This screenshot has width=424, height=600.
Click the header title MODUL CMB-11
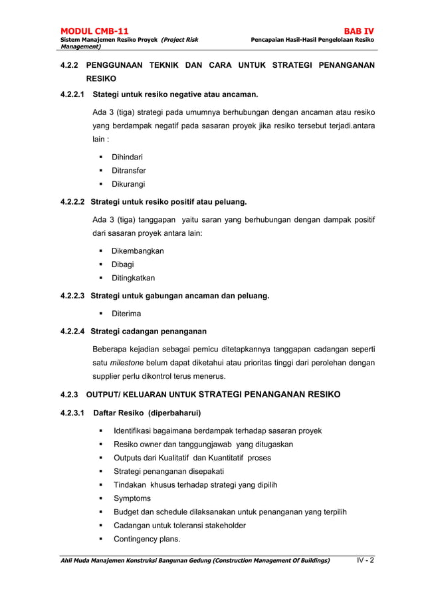click(94, 31)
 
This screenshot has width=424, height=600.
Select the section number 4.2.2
click(69, 65)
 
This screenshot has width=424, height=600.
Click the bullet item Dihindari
click(126, 157)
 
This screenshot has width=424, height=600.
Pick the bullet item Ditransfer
click(128, 171)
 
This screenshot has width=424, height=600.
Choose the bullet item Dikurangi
click(128, 184)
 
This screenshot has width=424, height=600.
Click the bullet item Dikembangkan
click(137, 251)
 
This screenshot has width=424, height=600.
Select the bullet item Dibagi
click(122, 264)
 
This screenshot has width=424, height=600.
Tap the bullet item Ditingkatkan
click(133, 278)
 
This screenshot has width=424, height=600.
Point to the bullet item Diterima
click(125, 313)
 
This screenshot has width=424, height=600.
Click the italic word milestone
click(128, 363)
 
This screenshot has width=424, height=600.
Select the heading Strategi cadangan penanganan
click(148, 331)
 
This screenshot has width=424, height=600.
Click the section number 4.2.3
click(69, 394)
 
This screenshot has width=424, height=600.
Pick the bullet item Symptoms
click(132, 498)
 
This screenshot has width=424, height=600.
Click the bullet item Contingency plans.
click(147, 539)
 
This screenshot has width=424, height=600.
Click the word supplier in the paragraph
click(109, 376)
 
